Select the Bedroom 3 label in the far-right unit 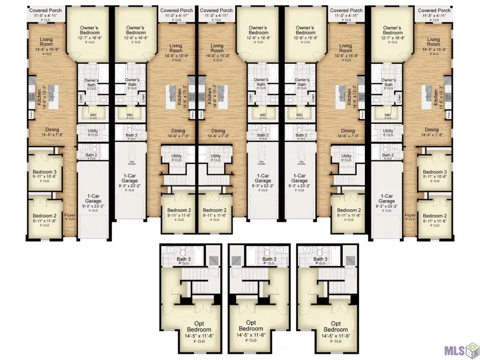(x=435, y=172)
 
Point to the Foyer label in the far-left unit (x=70, y=215)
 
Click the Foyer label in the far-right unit (x=410, y=215)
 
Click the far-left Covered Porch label (x=45, y=10)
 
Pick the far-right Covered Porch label (x=435, y=10)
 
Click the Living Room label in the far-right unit (x=434, y=43)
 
